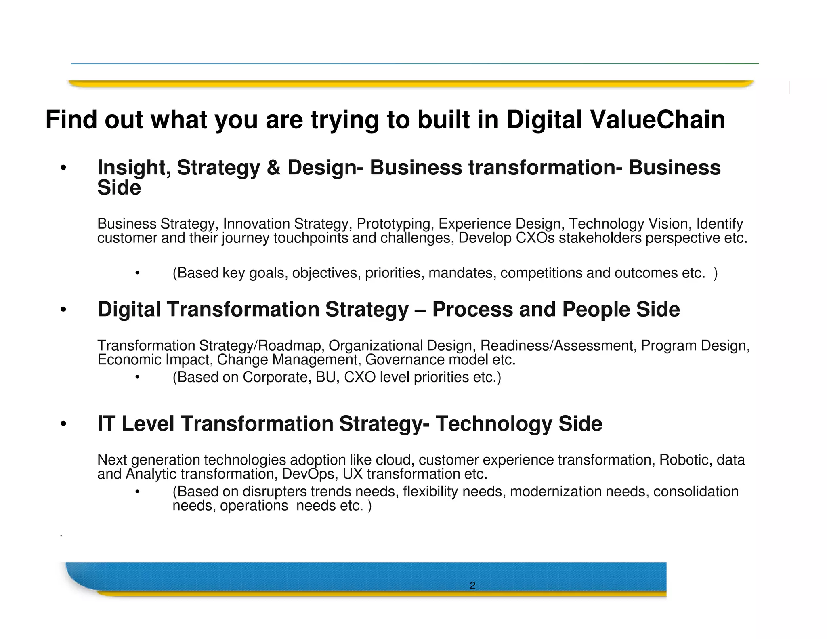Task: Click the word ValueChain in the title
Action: (x=657, y=120)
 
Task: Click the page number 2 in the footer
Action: (x=472, y=585)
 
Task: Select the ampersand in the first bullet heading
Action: (x=273, y=168)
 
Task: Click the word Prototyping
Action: (x=393, y=224)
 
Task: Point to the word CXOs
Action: (x=535, y=238)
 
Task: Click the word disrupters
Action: (x=275, y=492)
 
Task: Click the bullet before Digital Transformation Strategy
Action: (x=63, y=310)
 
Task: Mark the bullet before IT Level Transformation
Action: (x=63, y=425)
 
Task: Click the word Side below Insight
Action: (x=119, y=188)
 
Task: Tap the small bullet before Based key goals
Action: (x=137, y=273)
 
